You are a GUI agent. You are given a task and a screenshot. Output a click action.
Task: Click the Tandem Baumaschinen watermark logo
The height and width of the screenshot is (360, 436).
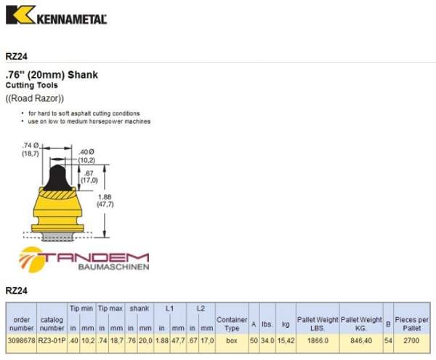pos(84,260)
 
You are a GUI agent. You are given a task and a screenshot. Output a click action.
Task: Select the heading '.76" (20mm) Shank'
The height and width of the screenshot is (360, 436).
pos(51,74)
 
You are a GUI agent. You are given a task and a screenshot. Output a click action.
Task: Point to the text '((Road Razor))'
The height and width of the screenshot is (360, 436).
pos(35,98)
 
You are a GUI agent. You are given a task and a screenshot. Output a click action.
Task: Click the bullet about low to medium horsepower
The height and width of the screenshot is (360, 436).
pos(89,121)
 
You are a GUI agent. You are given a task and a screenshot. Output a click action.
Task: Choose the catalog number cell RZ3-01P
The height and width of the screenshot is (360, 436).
pos(52,339)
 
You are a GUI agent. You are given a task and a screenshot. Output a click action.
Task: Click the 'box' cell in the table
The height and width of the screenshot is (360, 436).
pos(232,339)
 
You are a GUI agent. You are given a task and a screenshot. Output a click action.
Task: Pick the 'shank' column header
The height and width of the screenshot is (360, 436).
pos(139,308)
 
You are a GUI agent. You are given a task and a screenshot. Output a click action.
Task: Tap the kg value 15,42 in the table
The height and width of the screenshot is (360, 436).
pos(285,339)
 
